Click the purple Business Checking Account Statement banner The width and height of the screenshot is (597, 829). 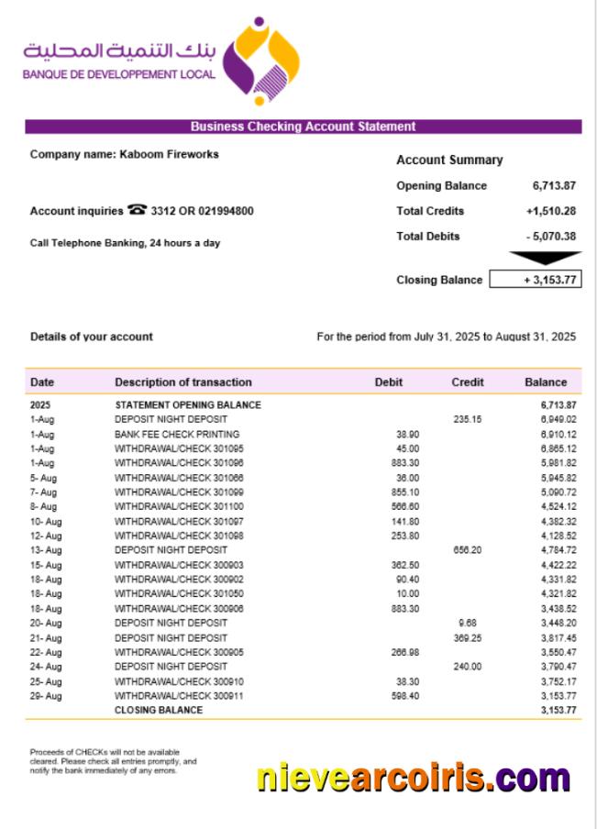point(303,127)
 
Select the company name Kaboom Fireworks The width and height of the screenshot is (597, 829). point(169,154)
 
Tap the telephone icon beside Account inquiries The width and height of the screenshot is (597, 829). point(138,210)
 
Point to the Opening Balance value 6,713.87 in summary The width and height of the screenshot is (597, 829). point(554,185)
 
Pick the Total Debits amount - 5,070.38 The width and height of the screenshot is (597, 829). point(551,237)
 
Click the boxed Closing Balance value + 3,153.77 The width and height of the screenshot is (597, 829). point(536,280)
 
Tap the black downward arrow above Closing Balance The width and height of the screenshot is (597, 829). point(545,259)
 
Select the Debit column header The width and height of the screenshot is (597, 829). point(388,381)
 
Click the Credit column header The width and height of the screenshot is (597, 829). point(468,381)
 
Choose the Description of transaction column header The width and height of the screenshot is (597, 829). point(182,381)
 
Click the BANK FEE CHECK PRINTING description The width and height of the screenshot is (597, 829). point(177,434)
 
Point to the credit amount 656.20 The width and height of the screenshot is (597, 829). point(467,550)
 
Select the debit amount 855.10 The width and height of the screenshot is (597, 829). point(404,492)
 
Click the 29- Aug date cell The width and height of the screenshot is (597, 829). point(46,696)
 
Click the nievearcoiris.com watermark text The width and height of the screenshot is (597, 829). point(413,778)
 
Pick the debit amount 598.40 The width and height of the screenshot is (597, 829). point(404,696)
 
